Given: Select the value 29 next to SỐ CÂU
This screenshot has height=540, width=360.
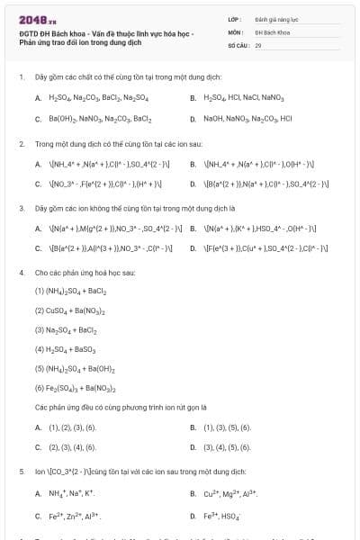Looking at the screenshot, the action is [258, 44].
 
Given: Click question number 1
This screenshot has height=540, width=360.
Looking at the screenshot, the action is [21, 77].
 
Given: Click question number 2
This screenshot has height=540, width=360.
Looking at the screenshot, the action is [21, 143].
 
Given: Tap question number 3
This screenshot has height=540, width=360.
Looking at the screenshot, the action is [21, 207].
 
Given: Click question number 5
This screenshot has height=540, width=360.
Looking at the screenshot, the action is [21, 472].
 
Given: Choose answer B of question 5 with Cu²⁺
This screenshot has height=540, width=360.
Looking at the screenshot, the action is [229, 493].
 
